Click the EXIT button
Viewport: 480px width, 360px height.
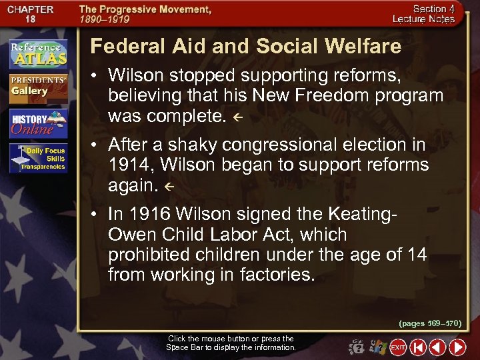(x=398, y=347)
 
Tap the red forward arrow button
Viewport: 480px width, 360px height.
(x=457, y=347)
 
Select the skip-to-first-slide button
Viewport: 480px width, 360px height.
(x=418, y=347)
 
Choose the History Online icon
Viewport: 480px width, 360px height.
(x=38, y=123)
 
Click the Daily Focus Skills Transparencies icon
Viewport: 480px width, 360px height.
(x=38, y=159)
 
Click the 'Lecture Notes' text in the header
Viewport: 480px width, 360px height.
(x=423, y=19)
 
